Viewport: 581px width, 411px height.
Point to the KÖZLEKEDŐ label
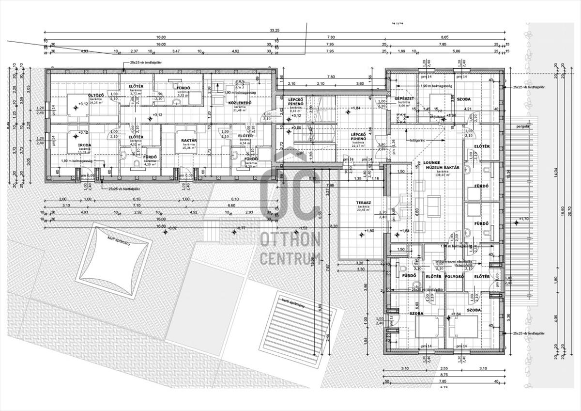tap(239, 103)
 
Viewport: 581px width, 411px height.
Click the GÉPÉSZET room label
tap(403, 97)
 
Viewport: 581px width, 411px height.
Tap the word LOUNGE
tap(431, 163)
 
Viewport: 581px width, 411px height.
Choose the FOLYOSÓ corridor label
tap(457, 276)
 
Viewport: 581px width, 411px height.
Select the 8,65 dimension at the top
tap(444, 37)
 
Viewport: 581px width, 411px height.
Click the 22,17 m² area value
tap(358, 146)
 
